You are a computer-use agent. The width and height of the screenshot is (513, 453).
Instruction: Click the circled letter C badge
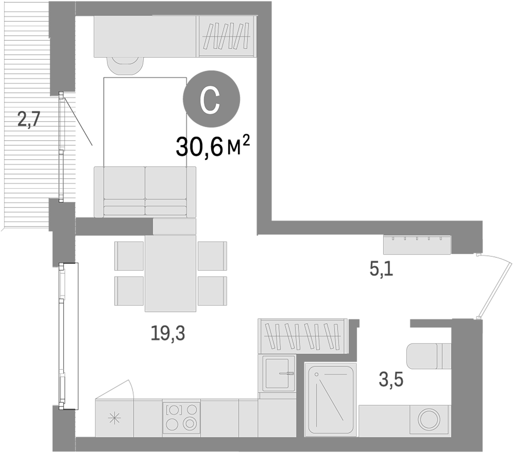211,99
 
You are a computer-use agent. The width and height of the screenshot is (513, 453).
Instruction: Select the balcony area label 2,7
29,120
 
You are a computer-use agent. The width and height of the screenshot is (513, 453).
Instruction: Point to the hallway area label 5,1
381,270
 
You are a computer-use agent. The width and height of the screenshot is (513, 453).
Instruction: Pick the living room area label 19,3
168,333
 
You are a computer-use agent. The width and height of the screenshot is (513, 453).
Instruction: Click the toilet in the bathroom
426,356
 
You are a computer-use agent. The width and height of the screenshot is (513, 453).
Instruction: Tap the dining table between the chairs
170,273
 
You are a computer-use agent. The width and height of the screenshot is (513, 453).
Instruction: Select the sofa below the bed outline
145,192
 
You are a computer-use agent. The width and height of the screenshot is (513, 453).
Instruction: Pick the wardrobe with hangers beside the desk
226,36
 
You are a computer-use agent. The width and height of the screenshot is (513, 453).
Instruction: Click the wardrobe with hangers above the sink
303,336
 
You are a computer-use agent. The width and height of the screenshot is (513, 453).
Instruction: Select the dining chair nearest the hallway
212,256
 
